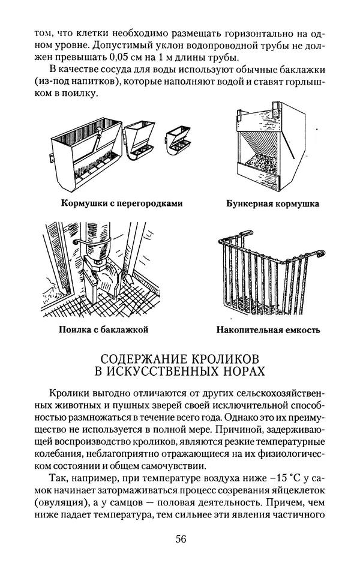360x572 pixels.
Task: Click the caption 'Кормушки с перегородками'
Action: click(x=121, y=203)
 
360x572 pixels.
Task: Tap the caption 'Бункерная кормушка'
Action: click(x=272, y=203)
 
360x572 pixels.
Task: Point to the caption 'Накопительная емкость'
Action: click(x=268, y=330)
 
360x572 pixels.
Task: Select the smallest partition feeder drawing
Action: click(x=179, y=141)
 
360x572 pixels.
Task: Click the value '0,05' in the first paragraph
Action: click(x=125, y=58)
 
